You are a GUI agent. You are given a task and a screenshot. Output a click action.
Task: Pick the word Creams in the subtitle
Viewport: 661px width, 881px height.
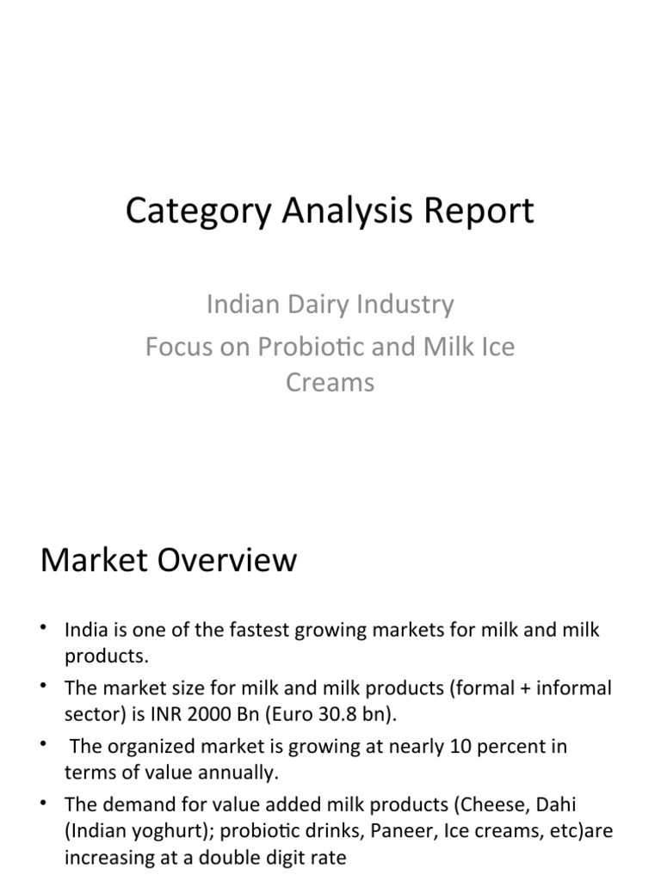(330, 382)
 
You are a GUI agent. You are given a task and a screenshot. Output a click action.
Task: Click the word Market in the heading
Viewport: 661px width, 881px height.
(91, 561)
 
